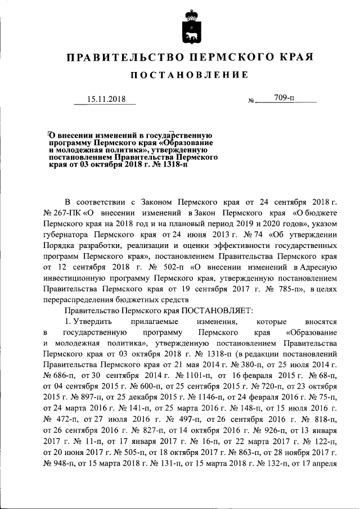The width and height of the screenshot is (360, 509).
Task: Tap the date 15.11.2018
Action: (x=106, y=100)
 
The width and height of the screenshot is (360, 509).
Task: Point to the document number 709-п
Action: (x=285, y=98)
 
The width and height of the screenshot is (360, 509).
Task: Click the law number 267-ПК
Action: (x=64, y=214)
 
